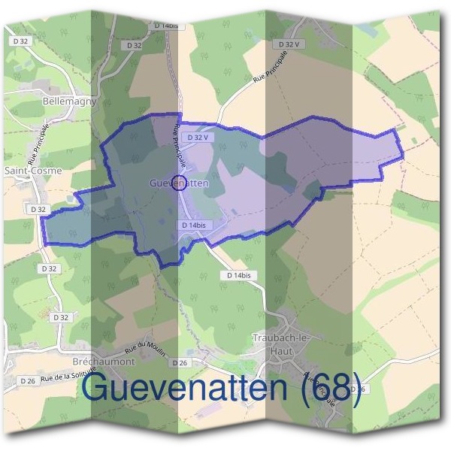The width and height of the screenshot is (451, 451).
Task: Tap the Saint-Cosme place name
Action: [x=33, y=171]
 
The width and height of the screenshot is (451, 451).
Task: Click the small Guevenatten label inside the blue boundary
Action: [x=179, y=183]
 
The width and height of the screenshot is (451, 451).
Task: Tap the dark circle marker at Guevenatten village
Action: [x=179, y=183]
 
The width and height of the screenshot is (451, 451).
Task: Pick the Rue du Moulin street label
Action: [x=144, y=347]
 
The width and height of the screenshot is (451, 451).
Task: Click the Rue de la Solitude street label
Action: [x=66, y=376]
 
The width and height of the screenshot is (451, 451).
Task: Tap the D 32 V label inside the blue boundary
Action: [x=196, y=138]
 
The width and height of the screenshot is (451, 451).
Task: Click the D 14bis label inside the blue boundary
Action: [x=193, y=225]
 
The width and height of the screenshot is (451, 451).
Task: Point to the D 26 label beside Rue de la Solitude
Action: [x=28, y=381]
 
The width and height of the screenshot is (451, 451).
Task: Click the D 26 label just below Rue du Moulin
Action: [x=179, y=363]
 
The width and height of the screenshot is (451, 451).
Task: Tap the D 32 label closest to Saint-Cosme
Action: [x=39, y=209]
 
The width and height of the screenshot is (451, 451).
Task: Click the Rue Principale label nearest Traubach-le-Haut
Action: [x=320, y=389]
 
